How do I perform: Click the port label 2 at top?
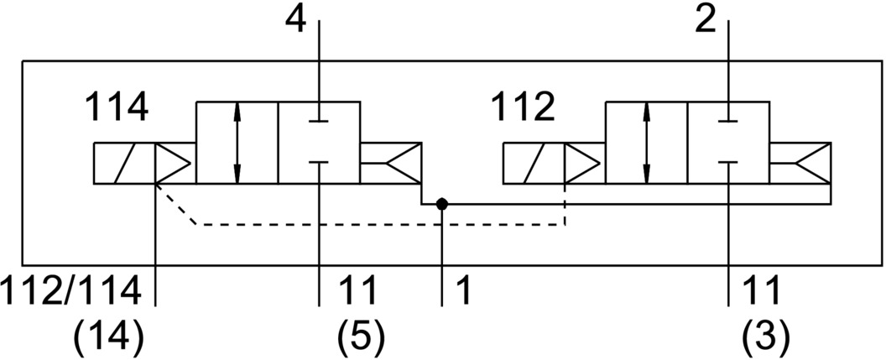706,20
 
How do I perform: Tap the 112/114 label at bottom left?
70,291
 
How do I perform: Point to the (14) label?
109,337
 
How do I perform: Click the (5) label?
360,337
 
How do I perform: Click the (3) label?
767,337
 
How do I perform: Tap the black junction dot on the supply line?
442,204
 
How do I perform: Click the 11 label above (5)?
359,291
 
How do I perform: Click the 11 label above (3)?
765,291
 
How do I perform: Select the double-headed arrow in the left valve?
238,143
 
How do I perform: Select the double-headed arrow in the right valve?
646,143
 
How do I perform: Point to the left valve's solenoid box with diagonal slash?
123,163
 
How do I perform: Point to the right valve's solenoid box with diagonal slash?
534,163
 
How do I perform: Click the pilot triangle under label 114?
173,163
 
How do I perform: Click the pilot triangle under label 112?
583,163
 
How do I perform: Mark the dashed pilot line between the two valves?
378,225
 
